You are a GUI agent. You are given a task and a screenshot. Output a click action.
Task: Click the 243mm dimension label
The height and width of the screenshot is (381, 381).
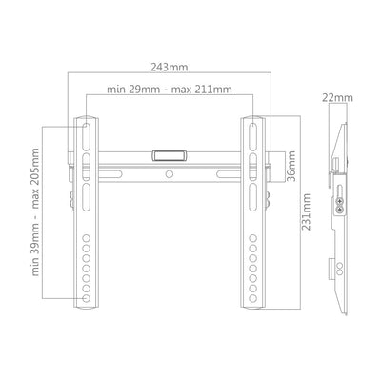pos(170,68)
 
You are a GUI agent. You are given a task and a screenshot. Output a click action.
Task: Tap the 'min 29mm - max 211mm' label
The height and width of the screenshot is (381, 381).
pos(170,90)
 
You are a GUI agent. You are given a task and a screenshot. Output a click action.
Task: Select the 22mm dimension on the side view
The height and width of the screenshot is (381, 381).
pos(337,98)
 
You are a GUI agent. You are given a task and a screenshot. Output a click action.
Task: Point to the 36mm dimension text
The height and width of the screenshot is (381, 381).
pos(291,166)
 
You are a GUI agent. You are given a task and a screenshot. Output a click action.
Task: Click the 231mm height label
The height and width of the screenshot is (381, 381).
pos(306,211)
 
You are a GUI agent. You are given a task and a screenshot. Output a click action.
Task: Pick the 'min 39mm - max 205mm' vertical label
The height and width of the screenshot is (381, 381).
pos(35,211)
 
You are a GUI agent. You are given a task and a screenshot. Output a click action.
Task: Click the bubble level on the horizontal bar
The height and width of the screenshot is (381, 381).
pos(169,155)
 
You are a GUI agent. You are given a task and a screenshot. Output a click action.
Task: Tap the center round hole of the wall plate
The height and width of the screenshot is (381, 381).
pos(170,174)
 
